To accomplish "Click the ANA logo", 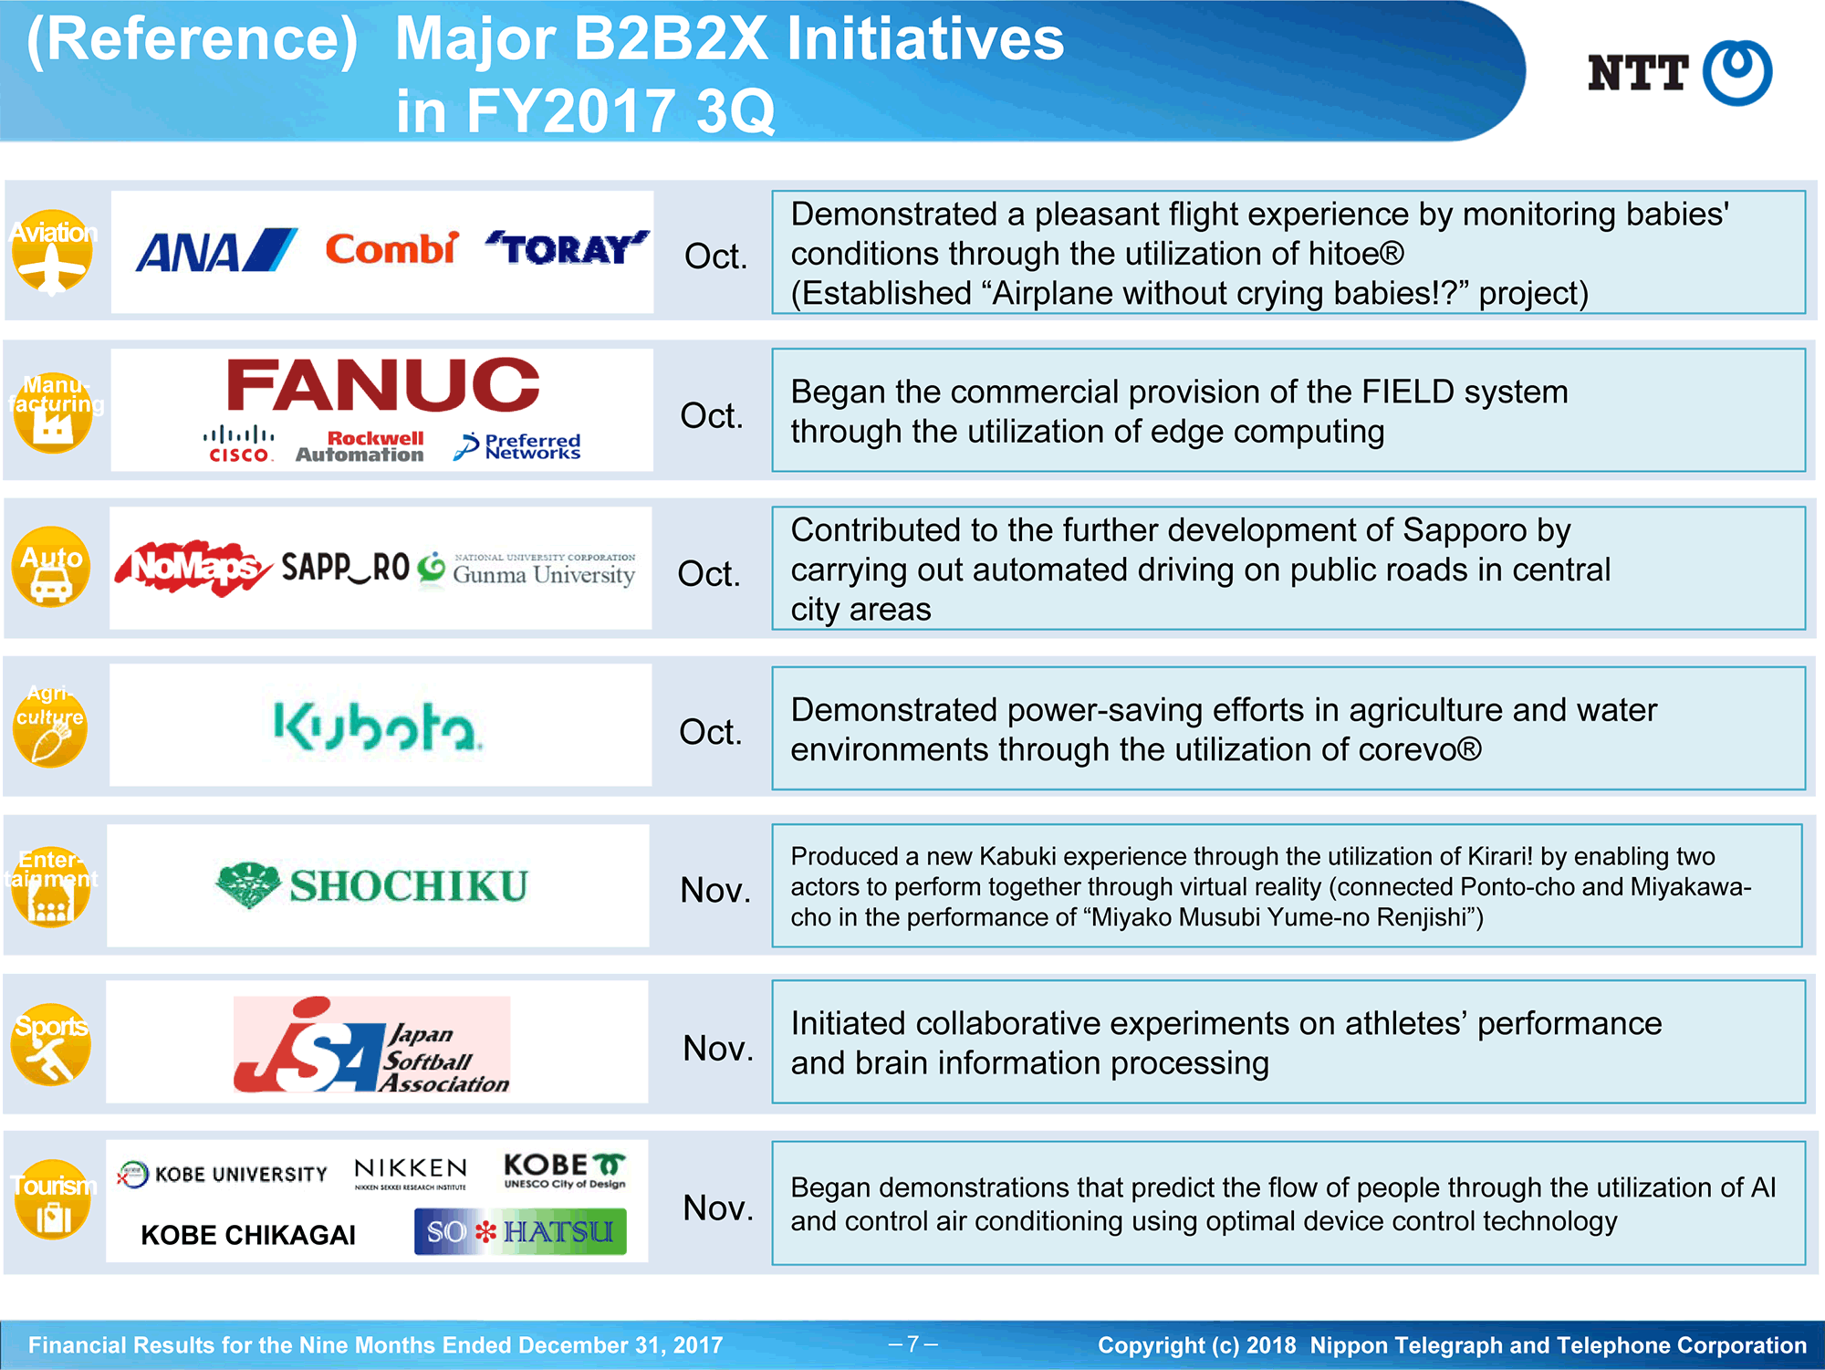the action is [216, 251].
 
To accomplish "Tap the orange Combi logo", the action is [391, 248].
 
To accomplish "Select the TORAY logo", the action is [567, 248].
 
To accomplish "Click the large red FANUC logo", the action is [382, 384].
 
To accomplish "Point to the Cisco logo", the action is [238, 444].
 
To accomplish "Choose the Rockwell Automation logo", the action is [360, 446].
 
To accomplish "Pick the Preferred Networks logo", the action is [517, 446].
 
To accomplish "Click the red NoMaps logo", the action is [193, 568].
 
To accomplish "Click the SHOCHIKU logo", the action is [371, 885].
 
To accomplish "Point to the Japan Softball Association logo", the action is [371, 1045].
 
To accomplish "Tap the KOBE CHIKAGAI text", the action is [248, 1235].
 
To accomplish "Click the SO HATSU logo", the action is [520, 1231].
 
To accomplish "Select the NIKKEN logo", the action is [411, 1174].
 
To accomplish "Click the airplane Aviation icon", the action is [53, 252].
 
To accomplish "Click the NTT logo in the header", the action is [1679, 73].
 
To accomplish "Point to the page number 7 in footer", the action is [912, 1344].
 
